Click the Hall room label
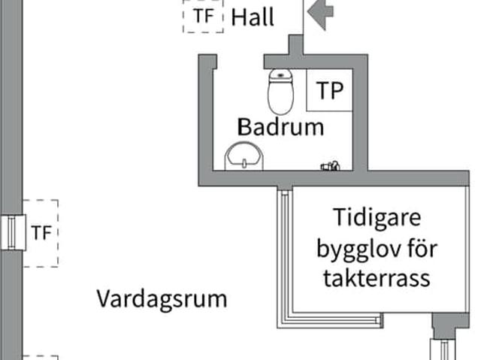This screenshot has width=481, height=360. pos(253,17)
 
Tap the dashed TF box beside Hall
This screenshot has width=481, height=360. pos(203,16)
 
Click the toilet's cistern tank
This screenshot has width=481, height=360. pos(280,74)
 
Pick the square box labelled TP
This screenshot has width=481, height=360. pos(329,90)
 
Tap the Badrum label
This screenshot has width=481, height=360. pos(281,126)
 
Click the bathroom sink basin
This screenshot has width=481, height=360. pos(244,156)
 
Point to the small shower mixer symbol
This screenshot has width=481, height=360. pos(330,165)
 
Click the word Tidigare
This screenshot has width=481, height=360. pos(379,219)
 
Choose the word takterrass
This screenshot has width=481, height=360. pos(377,278)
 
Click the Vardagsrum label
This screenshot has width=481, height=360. pos(162,298)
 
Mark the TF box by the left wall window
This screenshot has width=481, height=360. pos(41,233)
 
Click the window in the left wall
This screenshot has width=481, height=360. pos(12,232)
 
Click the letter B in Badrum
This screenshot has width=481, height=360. pos(244,126)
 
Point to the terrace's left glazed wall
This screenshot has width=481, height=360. pos(284,256)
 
